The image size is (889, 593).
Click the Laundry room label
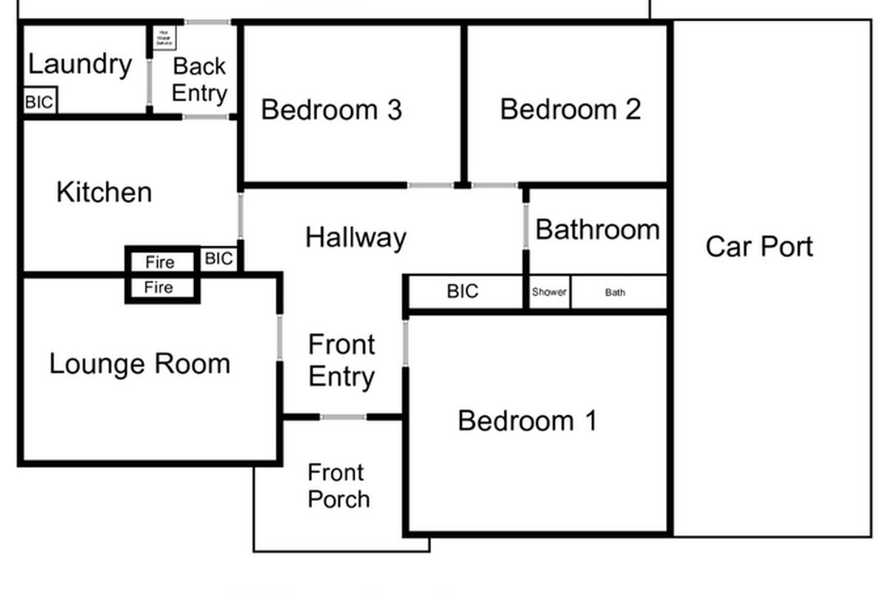pyautogui.click(x=80, y=64)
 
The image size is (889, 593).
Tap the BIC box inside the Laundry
pyautogui.click(x=40, y=102)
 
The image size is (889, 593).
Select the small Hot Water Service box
pyautogui.click(x=164, y=37)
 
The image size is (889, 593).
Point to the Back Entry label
pyautogui.click(x=199, y=79)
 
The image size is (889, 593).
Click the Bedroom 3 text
pyautogui.click(x=331, y=110)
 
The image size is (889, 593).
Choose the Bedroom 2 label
pyautogui.click(x=570, y=109)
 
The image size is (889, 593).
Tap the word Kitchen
pyautogui.click(x=104, y=193)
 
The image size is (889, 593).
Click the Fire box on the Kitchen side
pyautogui.click(x=161, y=262)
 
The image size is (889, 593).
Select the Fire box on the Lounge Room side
pyautogui.click(x=161, y=288)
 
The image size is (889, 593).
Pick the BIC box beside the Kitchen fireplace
pyautogui.click(x=219, y=259)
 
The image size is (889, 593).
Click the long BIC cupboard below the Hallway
pyautogui.click(x=464, y=291)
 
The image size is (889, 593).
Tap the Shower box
pyautogui.click(x=549, y=292)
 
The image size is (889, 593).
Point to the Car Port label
pyautogui.click(x=759, y=246)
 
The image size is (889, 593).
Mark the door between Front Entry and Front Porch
pyautogui.click(x=343, y=417)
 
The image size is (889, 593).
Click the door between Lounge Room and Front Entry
pyautogui.click(x=280, y=337)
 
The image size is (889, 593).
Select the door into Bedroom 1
pyautogui.click(x=406, y=342)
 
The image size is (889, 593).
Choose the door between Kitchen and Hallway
pyautogui.click(x=241, y=216)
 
